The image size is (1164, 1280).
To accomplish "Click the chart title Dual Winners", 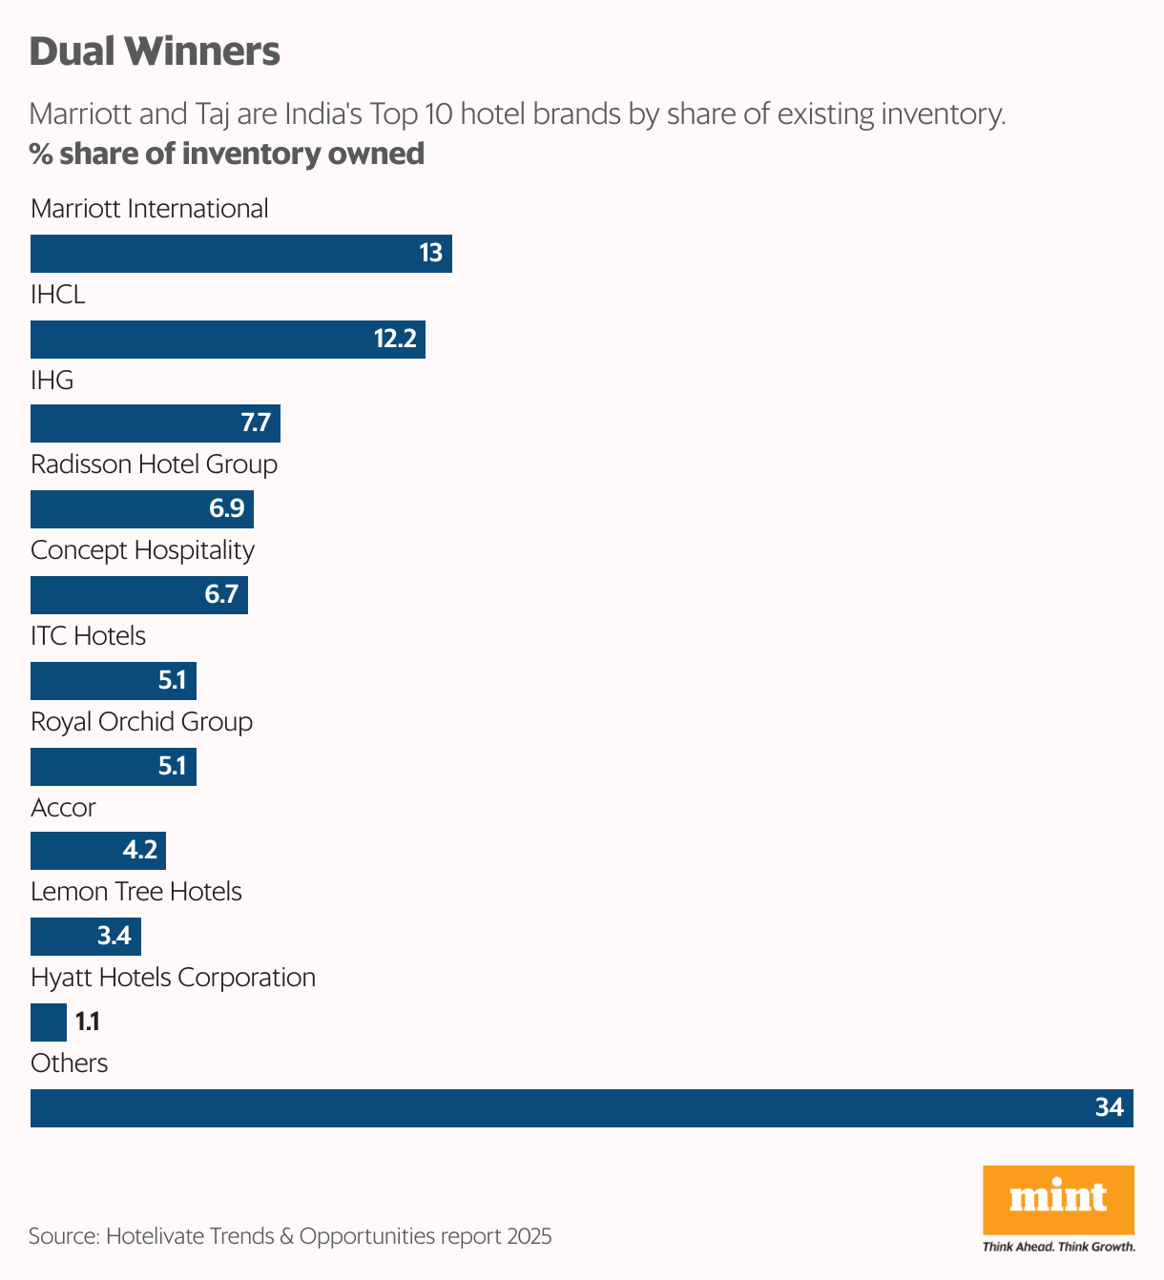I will tap(155, 52).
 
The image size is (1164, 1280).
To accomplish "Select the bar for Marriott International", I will tap(240, 254).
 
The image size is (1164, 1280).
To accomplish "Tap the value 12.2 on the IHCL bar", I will tap(395, 340).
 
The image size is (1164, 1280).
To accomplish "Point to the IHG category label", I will tap(52, 381).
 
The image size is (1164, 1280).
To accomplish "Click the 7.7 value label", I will tap(256, 423).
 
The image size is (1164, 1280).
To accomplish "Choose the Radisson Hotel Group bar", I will tap(141, 509).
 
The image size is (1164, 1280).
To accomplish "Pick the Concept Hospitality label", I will tap(142, 550).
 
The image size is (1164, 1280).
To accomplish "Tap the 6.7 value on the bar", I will tap(221, 595).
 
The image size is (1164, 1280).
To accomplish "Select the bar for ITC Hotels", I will tap(113, 681).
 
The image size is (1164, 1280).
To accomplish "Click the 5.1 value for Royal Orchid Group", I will tap(172, 767).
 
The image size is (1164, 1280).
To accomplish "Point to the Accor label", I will tap(63, 808).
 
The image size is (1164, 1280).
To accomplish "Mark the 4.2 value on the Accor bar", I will tap(140, 850).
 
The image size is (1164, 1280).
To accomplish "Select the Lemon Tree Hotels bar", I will tap(85, 937).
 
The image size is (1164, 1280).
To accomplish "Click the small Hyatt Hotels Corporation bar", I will tap(48, 1022).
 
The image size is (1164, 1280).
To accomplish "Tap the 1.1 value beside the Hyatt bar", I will tap(88, 1022).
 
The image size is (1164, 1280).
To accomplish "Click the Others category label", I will tap(69, 1063).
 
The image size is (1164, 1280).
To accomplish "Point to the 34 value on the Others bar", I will tap(1109, 1107).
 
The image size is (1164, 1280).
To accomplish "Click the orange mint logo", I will tap(1058, 1200).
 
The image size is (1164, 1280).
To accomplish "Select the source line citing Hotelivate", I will tap(290, 1236).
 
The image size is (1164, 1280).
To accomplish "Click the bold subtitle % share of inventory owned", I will tap(227, 154).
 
